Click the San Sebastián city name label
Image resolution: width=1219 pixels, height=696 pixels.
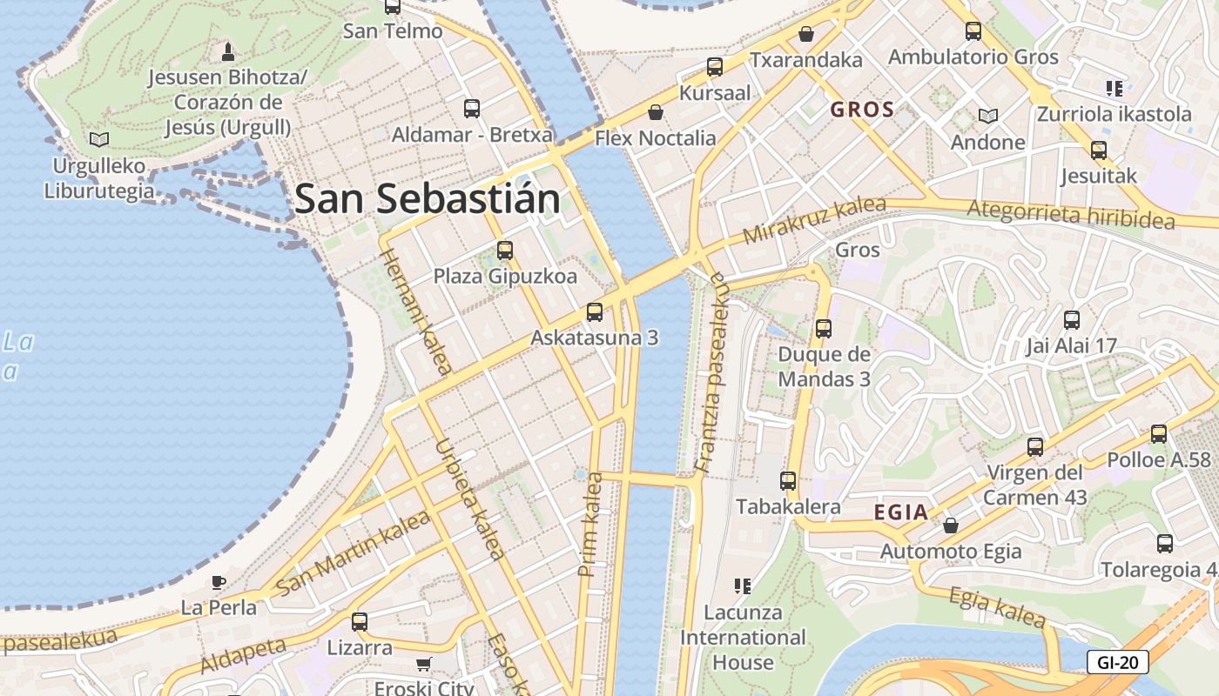point(427,199)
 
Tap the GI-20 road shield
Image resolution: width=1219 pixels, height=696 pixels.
point(1117,662)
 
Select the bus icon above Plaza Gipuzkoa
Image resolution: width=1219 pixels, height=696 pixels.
point(504,251)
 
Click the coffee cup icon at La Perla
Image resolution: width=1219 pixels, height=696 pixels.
point(218,582)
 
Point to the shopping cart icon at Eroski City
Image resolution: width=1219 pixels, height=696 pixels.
point(424,665)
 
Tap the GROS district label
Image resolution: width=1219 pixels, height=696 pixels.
point(862,110)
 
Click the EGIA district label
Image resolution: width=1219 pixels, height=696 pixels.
point(901,512)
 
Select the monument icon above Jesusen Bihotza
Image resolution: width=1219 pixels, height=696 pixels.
point(228,51)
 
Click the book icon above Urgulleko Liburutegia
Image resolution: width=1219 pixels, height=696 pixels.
point(100,139)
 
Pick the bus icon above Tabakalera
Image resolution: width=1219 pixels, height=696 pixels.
point(788,480)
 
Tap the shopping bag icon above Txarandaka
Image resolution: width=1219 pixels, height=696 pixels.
point(806,34)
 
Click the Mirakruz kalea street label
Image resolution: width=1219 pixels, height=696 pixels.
point(813,221)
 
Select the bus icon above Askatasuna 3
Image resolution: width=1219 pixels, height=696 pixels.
point(595,311)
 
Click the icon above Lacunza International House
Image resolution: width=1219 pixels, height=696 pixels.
point(742,586)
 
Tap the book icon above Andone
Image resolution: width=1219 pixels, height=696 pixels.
point(987,116)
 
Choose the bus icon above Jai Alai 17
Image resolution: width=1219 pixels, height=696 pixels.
point(1071,319)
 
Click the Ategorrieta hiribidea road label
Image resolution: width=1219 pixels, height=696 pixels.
point(1070,214)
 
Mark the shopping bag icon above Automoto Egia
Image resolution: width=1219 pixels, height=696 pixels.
point(950,525)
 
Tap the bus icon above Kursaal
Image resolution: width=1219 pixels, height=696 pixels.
point(715,66)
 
